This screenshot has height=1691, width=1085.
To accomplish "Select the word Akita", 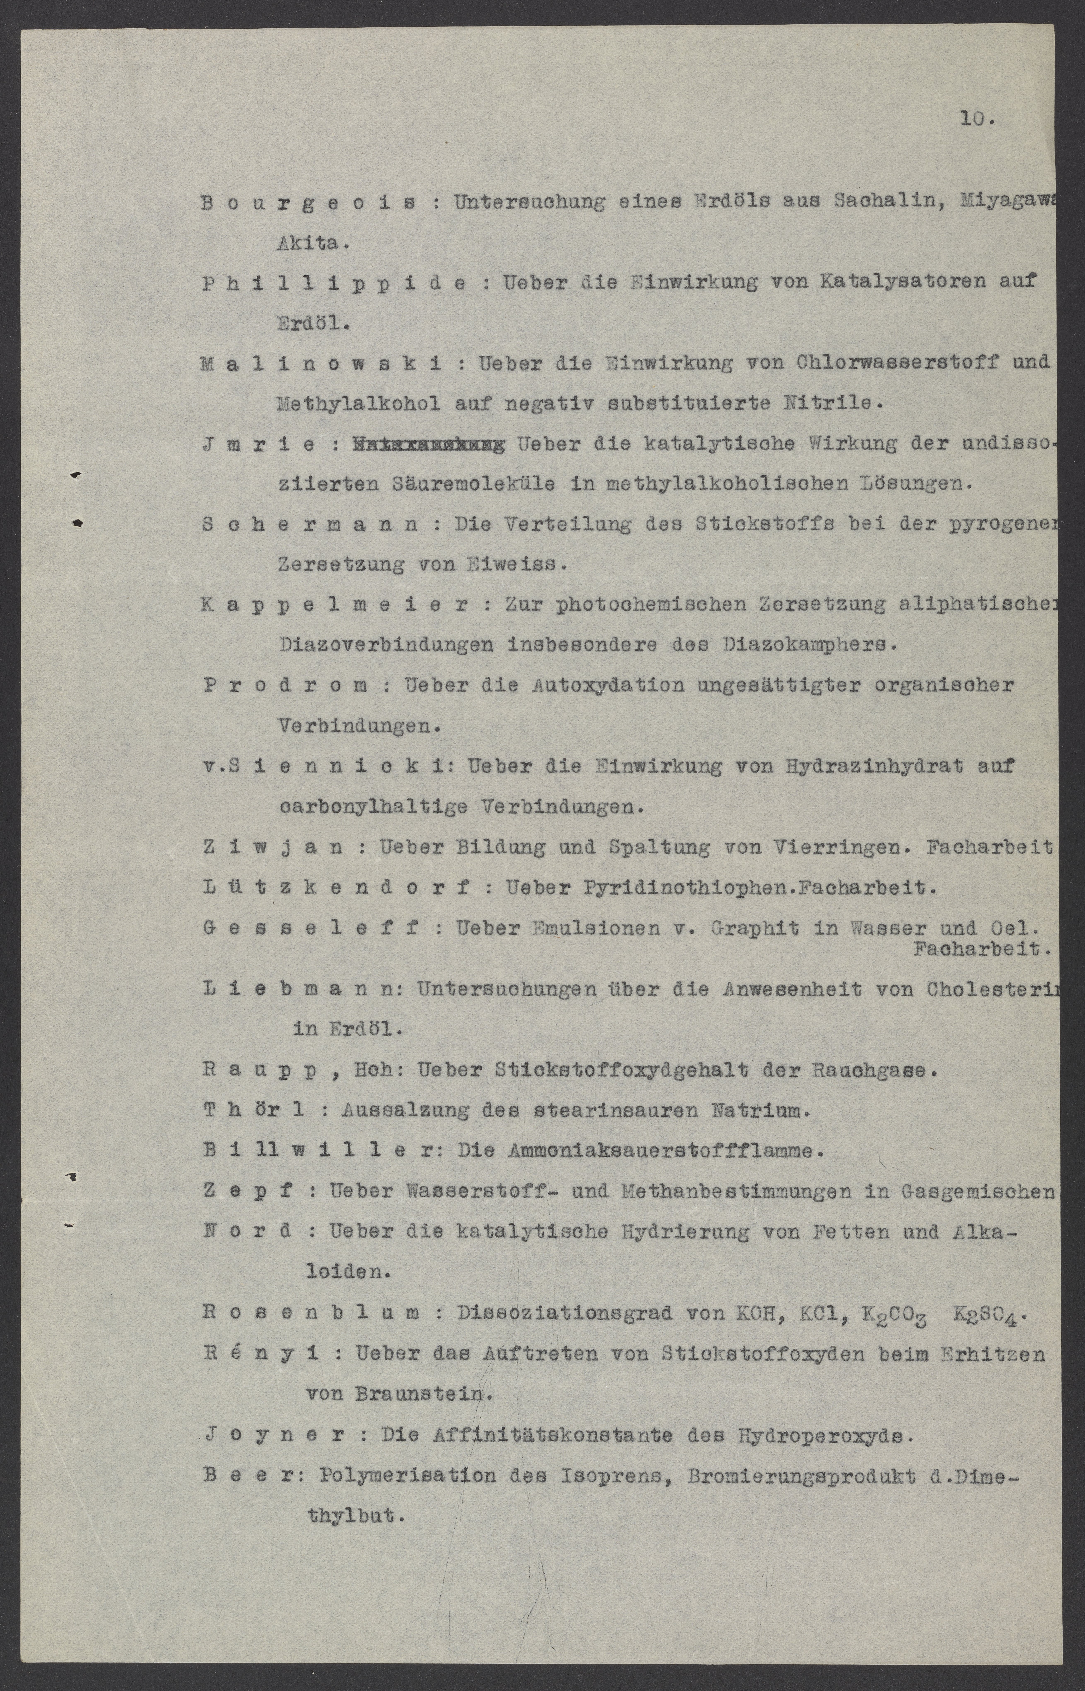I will click(311, 244).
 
